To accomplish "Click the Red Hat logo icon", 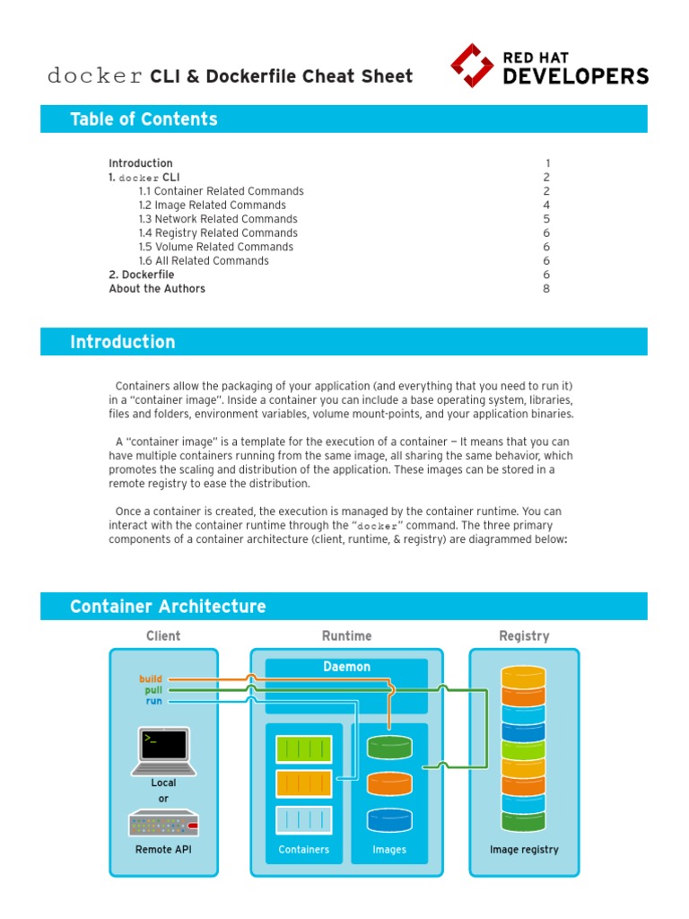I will (x=472, y=66).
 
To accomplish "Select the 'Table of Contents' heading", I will (x=144, y=119).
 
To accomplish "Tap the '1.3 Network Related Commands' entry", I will (x=218, y=219).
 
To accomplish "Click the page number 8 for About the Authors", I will (x=545, y=289).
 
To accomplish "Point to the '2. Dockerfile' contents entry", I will (x=142, y=275).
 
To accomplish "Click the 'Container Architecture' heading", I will (x=168, y=607).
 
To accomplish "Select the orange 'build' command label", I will (x=152, y=679).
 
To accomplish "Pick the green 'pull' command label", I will (x=153, y=690).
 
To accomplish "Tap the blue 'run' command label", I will (x=154, y=701).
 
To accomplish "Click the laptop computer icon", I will (x=163, y=750).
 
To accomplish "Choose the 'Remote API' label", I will (x=163, y=849).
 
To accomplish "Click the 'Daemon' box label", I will (x=346, y=668).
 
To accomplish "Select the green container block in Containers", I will (x=303, y=749).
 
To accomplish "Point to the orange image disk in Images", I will (x=389, y=783).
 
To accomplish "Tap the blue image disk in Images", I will (x=389, y=819).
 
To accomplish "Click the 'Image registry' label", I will (x=524, y=849).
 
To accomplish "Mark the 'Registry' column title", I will (x=524, y=636).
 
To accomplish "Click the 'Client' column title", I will (x=163, y=636).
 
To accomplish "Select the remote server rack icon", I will (x=163, y=823).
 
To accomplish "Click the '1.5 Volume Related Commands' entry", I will (x=215, y=247).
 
